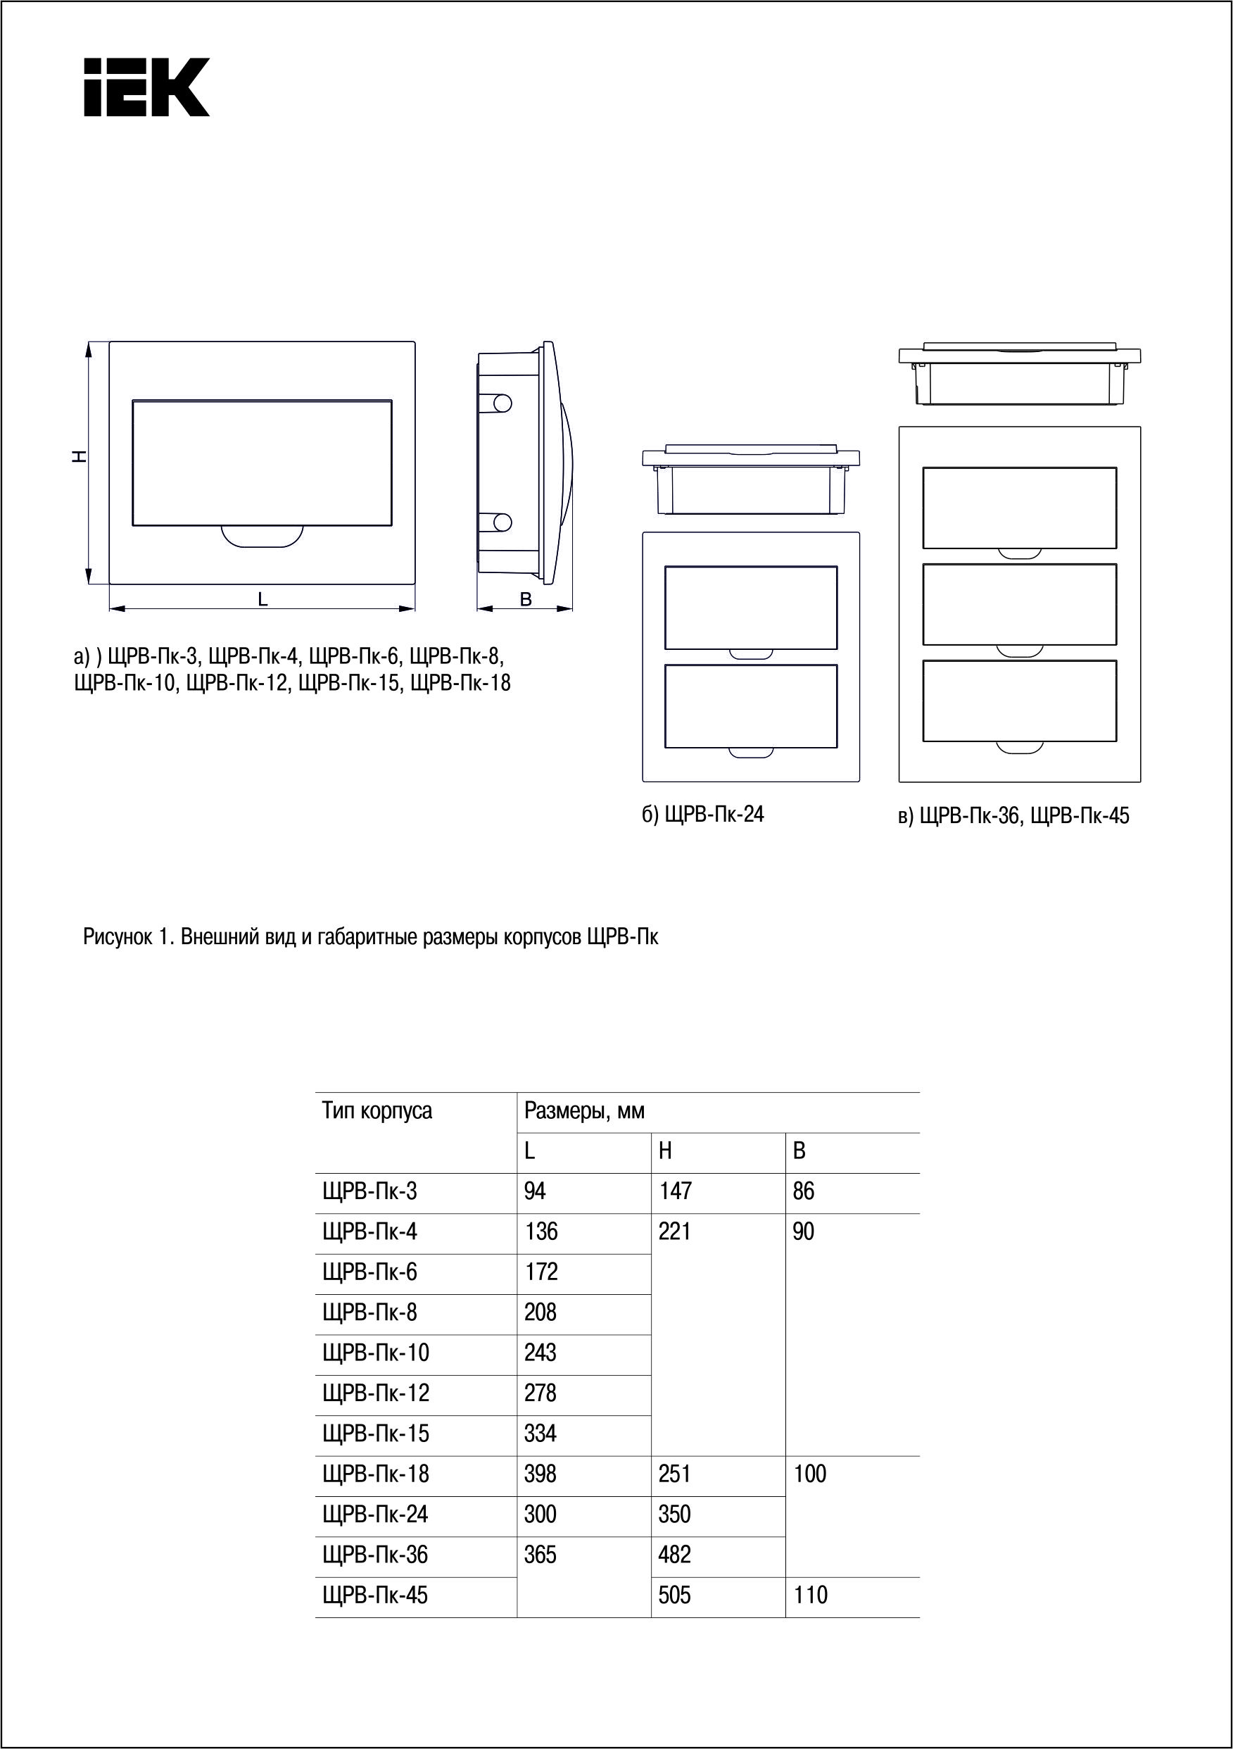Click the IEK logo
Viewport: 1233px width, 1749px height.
146,87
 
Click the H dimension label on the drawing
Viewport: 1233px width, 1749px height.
78,456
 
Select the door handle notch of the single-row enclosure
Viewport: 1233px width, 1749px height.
262,537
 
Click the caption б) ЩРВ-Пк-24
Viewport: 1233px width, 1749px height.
702,815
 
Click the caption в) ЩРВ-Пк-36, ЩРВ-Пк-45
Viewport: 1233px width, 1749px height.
1013,817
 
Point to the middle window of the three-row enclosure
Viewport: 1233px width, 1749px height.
1019,604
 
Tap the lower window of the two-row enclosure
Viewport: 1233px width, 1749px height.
751,706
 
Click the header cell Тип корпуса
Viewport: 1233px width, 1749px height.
377,1111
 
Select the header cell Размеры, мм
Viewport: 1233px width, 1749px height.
584,1111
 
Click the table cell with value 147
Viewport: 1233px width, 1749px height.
675,1191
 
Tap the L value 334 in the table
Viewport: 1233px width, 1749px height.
540,1434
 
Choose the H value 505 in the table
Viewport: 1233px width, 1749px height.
675,1595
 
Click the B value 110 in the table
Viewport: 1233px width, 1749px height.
810,1595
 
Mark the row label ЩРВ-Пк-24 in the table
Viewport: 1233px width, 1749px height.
375,1515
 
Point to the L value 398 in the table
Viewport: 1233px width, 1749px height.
540,1474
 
